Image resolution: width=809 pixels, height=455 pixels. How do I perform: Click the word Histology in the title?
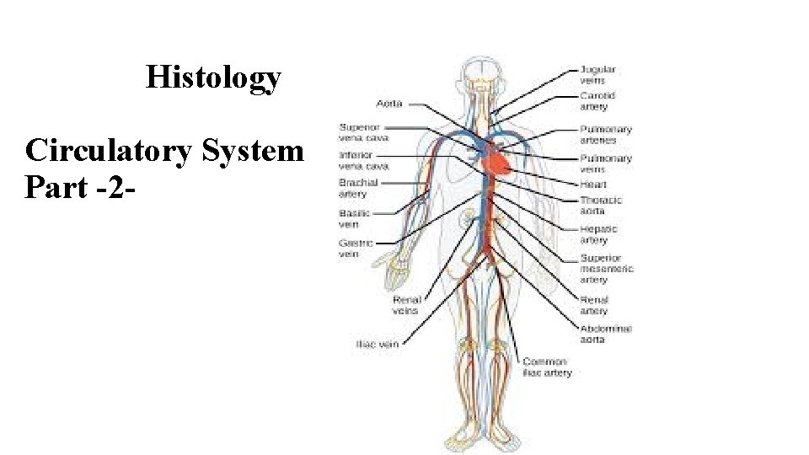(x=213, y=78)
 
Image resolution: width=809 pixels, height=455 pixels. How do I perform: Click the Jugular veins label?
(x=598, y=74)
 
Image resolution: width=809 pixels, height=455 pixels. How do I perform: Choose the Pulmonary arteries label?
(x=606, y=135)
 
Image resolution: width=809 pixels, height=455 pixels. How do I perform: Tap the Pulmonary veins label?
(x=606, y=163)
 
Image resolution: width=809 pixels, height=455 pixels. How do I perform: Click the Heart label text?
(x=593, y=185)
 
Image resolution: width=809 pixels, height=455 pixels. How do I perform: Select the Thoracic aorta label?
(x=601, y=206)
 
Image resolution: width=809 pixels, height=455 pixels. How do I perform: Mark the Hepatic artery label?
(x=599, y=234)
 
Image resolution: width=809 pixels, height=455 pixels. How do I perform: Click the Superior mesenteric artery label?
(x=606, y=268)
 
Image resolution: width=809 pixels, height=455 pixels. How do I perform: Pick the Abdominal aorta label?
(x=606, y=334)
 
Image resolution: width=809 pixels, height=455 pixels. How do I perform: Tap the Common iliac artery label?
(x=547, y=367)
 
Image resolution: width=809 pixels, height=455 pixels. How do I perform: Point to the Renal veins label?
(x=405, y=304)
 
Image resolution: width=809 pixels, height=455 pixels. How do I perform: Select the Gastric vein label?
(x=351, y=249)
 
